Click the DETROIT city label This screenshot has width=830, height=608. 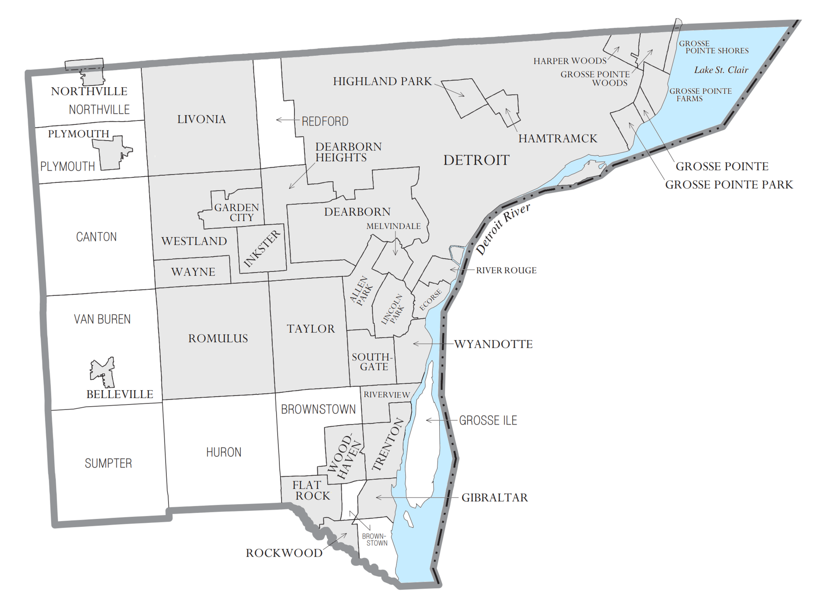point(476,160)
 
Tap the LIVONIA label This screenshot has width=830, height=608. point(201,119)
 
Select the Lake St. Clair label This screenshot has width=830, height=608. point(721,70)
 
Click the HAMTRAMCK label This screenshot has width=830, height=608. point(558,139)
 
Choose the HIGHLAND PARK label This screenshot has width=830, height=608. point(382,81)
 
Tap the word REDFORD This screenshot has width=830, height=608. point(325,121)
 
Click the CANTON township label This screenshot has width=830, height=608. point(96,237)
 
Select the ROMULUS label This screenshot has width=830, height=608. point(218,338)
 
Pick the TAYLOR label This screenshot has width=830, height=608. point(311,329)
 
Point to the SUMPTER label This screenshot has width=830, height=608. point(108,463)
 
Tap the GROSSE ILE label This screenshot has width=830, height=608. point(488,420)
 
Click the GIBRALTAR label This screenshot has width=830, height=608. point(495,497)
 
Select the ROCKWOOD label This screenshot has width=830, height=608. point(284,553)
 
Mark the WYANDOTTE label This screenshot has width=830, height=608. point(493,344)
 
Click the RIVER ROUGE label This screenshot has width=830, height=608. point(506,271)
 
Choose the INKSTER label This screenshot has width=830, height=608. point(262,249)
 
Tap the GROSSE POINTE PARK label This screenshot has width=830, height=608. point(729,185)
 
